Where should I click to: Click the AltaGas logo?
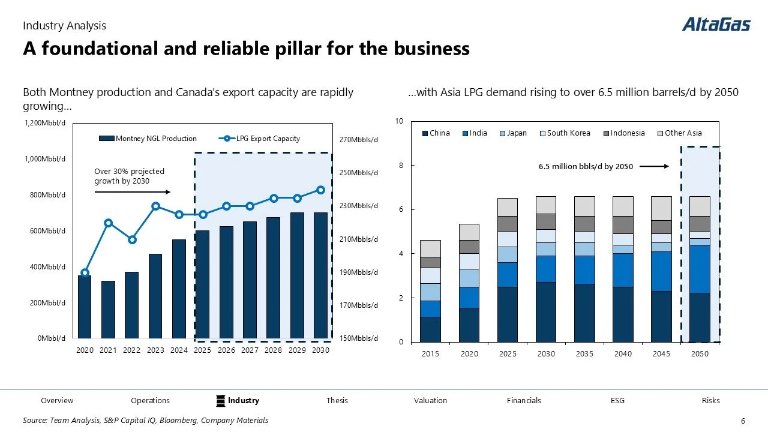pyautogui.click(x=716, y=25)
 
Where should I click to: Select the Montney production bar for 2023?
pyautogui.click(x=155, y=296)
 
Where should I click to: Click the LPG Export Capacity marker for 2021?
pyautogui.click(x=109, y=223)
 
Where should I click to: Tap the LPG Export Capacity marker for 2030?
pyautogui.click(x=320, y=190)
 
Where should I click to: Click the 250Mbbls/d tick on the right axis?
pyautogui.click(x=359, y=173)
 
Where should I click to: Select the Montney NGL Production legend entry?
pyautogui.click(x=148, y=139)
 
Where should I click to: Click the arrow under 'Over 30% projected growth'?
pyautogui.click(x=133, y=192)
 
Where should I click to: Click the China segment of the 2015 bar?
pyautogui.click(x=430, y=329)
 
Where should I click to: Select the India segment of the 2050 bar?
pyautogui.click(x=700, y=269)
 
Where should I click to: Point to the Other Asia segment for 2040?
pyautogui.click(x=623, y=206)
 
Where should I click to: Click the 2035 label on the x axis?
pyautogui.click(x=584, y=354)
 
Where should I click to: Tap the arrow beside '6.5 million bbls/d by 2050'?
pyautogui.click(x=654, y=167)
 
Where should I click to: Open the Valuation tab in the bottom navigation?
pyautogui.click(x=430, y=401)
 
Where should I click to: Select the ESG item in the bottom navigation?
pyautogui.click(x=617, y=401)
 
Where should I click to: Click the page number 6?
pyautogui.click(x=743, y=421)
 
